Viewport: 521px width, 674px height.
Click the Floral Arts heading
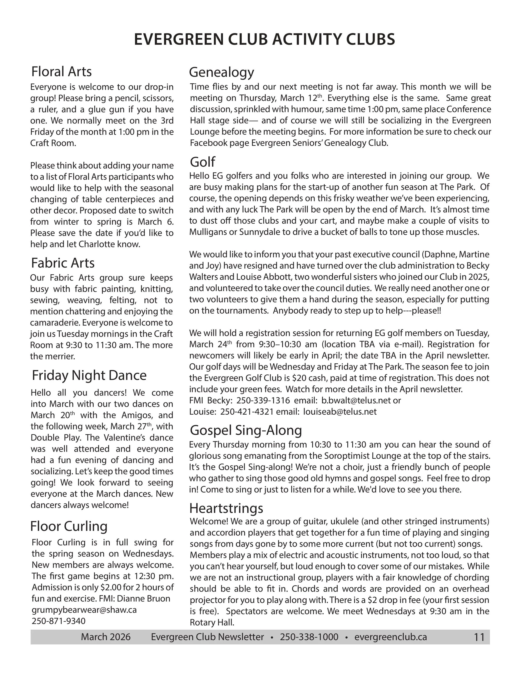pos(61,72)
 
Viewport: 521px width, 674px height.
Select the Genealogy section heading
pos(221,73)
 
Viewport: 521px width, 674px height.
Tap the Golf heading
pos(203,162)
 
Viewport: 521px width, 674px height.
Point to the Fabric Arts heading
pos(63,263)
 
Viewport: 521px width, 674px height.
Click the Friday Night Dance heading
pos(89,375)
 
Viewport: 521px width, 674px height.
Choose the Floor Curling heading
pos(69,526)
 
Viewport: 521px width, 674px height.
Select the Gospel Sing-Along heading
pos(246,430)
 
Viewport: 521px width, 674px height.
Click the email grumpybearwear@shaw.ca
pos(84,610)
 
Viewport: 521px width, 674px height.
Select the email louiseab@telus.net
pos(340,412)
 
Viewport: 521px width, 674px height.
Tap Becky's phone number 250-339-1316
pos(263,400)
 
